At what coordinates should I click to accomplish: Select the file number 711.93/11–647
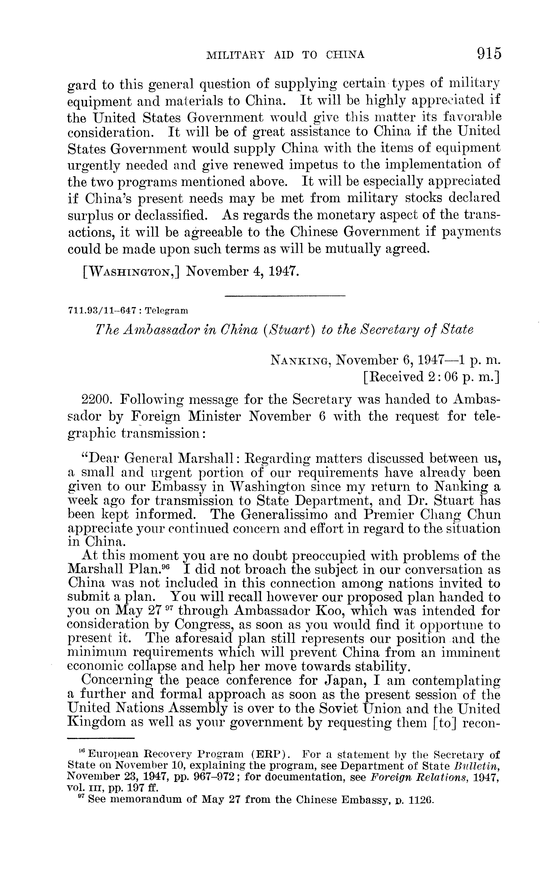click(x=102, y=310)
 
